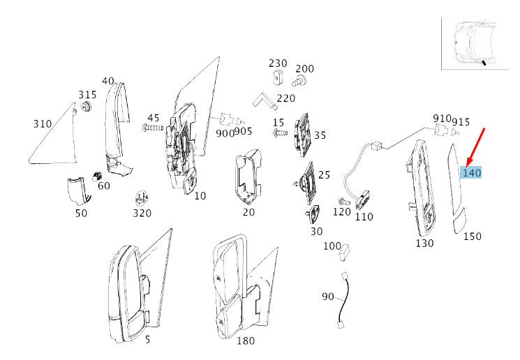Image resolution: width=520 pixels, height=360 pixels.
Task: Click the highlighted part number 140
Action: pyautogui.click(x=472, y=173)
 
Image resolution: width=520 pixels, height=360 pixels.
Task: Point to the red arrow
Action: pyautogui.click(x=475, y=147)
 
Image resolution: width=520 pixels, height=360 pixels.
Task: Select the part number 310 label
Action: pyautogui.click(x=43, y=124)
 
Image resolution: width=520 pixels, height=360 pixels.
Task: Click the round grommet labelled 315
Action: pyautogui.click(x=87, y=107)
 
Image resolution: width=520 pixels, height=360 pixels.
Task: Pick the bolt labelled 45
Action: pyautogui.click(x=152, y=127)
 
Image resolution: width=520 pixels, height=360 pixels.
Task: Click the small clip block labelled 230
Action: pyautogui.click(x=277, y=77)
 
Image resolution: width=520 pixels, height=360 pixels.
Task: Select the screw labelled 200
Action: pyautogui.click(x=299, y=81)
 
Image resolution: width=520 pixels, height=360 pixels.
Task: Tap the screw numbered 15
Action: pyautogui.click(x=280, y=133)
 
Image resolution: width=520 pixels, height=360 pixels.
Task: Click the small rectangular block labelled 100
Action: pyautogui.click(x=344, y=253)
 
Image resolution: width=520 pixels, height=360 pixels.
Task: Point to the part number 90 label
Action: pyautogui.click(x=327, y=296)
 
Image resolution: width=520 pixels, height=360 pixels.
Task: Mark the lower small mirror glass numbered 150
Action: pyautogui.click(x=460, y=220)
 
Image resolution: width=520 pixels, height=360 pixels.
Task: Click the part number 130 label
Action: pyautogui.click(x=424, y=243)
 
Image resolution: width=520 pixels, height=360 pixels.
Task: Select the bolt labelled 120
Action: pyautogui.click(x=343, y=201)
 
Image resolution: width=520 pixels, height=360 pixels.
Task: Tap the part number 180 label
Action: pyautogui.click(x=246, y=340)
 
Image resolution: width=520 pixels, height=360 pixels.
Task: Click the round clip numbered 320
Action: pyautogui.click(x=142, y=199)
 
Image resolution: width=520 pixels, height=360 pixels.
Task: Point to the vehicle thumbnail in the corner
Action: pyautogui.click(x=475, y=44)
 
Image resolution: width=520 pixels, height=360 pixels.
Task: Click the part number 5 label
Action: pyautogui.click(x=147, y=340)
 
